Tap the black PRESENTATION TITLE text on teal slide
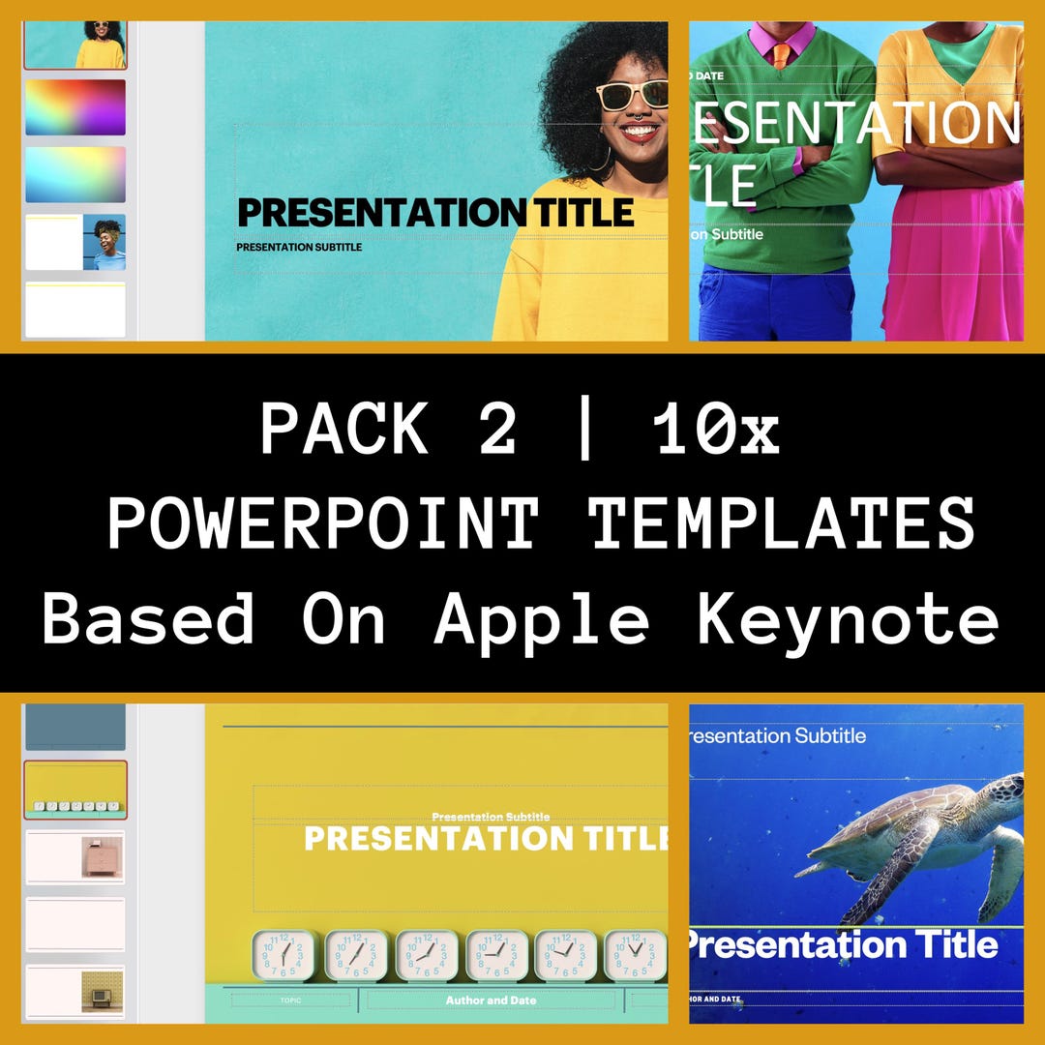pos(435,212)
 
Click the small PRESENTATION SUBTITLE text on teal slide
pos(299,247)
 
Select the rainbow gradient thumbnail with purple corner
pos(75,107)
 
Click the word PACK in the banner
pos(343,429)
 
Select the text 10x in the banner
pos(717,429)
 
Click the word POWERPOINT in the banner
pos(322,523)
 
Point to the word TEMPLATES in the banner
pos(782,523)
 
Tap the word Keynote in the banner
pos(848,619)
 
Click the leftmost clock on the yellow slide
pos(283,955)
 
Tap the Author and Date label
pos(491,1000)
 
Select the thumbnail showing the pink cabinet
pos(75,856)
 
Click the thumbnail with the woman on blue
pos(75,242)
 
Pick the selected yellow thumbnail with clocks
pos(75,790)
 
